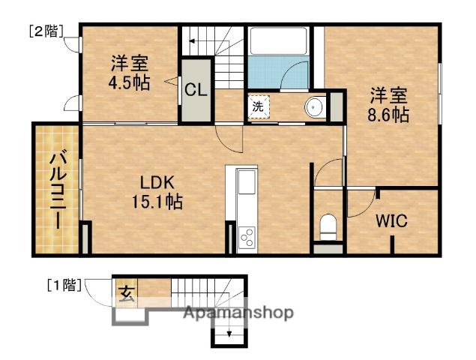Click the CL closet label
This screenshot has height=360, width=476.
point(196,90)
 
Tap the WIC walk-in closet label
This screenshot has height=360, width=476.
point(391,220)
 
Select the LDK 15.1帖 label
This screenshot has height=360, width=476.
point(157,193)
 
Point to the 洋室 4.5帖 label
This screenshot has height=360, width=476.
point(130,73)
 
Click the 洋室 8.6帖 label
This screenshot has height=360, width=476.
point(388,105)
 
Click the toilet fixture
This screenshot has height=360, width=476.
point(328,227)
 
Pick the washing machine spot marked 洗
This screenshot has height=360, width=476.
point(259,106)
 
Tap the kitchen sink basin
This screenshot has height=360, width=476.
point(247,181)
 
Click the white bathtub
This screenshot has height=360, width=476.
point(278,41)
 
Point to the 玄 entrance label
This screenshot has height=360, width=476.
point(126,293)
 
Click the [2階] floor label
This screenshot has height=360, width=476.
point(46,31)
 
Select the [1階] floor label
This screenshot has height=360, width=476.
point(64,285)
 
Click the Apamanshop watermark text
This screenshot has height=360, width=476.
point(238,312)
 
